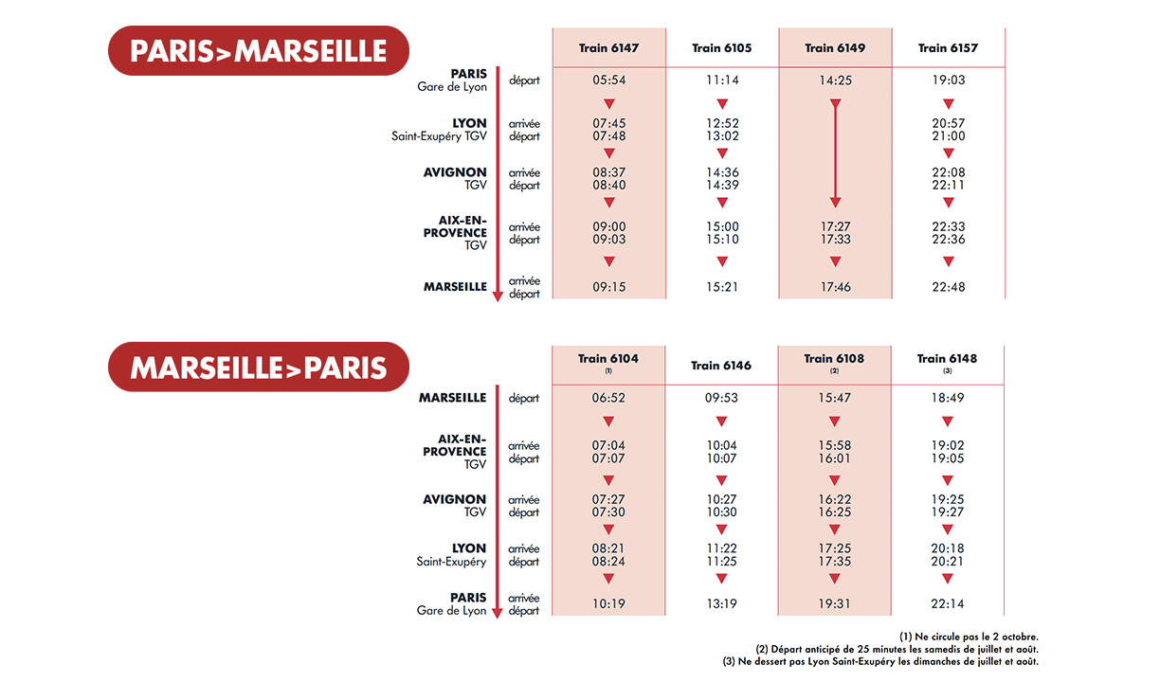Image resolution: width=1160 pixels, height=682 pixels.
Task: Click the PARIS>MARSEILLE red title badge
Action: coord(258,50)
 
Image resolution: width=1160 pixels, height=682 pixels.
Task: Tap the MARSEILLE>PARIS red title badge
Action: coord(258,367)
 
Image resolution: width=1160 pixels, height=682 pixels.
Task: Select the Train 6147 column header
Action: coord(608,48)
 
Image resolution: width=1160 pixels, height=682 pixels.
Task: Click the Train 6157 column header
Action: coord(948,48)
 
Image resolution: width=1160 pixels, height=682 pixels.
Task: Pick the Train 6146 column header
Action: coord(721,366)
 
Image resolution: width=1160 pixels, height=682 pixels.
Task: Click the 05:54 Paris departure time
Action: coord(609,81)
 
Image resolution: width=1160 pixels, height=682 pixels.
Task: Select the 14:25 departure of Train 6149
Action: coord(835,81)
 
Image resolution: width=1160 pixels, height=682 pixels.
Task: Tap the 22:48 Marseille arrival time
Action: coord(948,287)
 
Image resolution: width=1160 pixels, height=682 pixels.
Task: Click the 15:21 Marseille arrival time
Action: coord(722,287)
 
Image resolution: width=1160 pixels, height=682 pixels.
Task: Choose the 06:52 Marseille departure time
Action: coord(609,398)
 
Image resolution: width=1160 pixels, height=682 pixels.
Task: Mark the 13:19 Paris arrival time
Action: coord(722,603)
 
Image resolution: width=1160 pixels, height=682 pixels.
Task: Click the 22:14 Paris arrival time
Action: coord(948,603)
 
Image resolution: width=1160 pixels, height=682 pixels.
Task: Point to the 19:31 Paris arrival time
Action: coord(835,603)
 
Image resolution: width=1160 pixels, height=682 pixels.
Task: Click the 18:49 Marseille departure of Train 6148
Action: coord(948,398)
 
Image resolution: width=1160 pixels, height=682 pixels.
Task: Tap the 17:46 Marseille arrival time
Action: coord(835,287)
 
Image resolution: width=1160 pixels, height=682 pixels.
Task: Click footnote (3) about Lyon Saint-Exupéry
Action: coord(880,661)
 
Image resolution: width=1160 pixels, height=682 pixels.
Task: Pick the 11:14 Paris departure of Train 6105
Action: coord(722,81)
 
